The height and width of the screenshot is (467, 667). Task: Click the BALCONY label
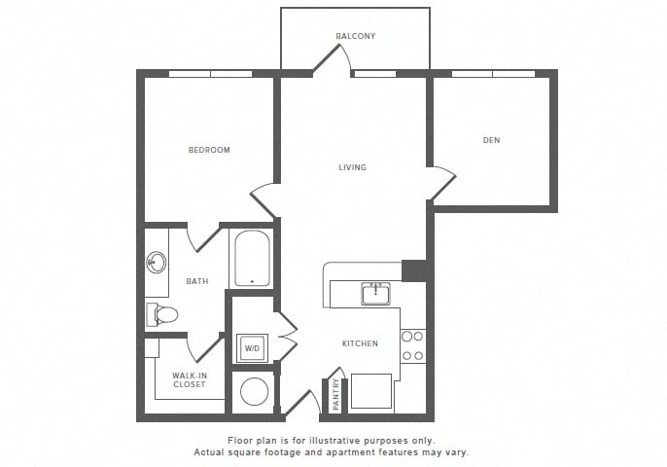[x=356, y=36]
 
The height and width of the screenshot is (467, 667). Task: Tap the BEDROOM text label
[x=209, y=150]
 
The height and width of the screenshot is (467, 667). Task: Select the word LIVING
[x=353, y=167]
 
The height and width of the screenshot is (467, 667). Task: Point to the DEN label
[x=491, y=140]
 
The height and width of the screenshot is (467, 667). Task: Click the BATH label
[x=197, y=281]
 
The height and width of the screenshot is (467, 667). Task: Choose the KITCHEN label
[x=361, y=343]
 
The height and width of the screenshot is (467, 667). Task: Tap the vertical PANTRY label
[x=336, y=394]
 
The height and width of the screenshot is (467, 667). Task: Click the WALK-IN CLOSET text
[x=190, y=379]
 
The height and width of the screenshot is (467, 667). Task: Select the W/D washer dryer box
[x=252, y=348]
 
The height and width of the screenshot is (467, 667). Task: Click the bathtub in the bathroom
[x=252, y=258]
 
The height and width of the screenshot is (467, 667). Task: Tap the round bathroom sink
[x=157, y=262]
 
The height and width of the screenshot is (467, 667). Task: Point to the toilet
[x=161, y=315]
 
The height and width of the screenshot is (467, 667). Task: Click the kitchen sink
[x=376, y=294]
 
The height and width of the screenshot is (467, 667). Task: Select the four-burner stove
[x=412, y=345]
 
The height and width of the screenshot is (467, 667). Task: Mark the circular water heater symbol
[x=255, y=392]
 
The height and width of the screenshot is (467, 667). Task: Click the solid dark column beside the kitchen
[x=414, y=271]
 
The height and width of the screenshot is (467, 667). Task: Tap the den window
[x=493, y=74]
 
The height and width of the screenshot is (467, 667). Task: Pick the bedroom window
[x=211, y=74]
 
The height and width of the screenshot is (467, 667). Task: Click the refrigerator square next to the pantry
[x=371, y=391]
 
